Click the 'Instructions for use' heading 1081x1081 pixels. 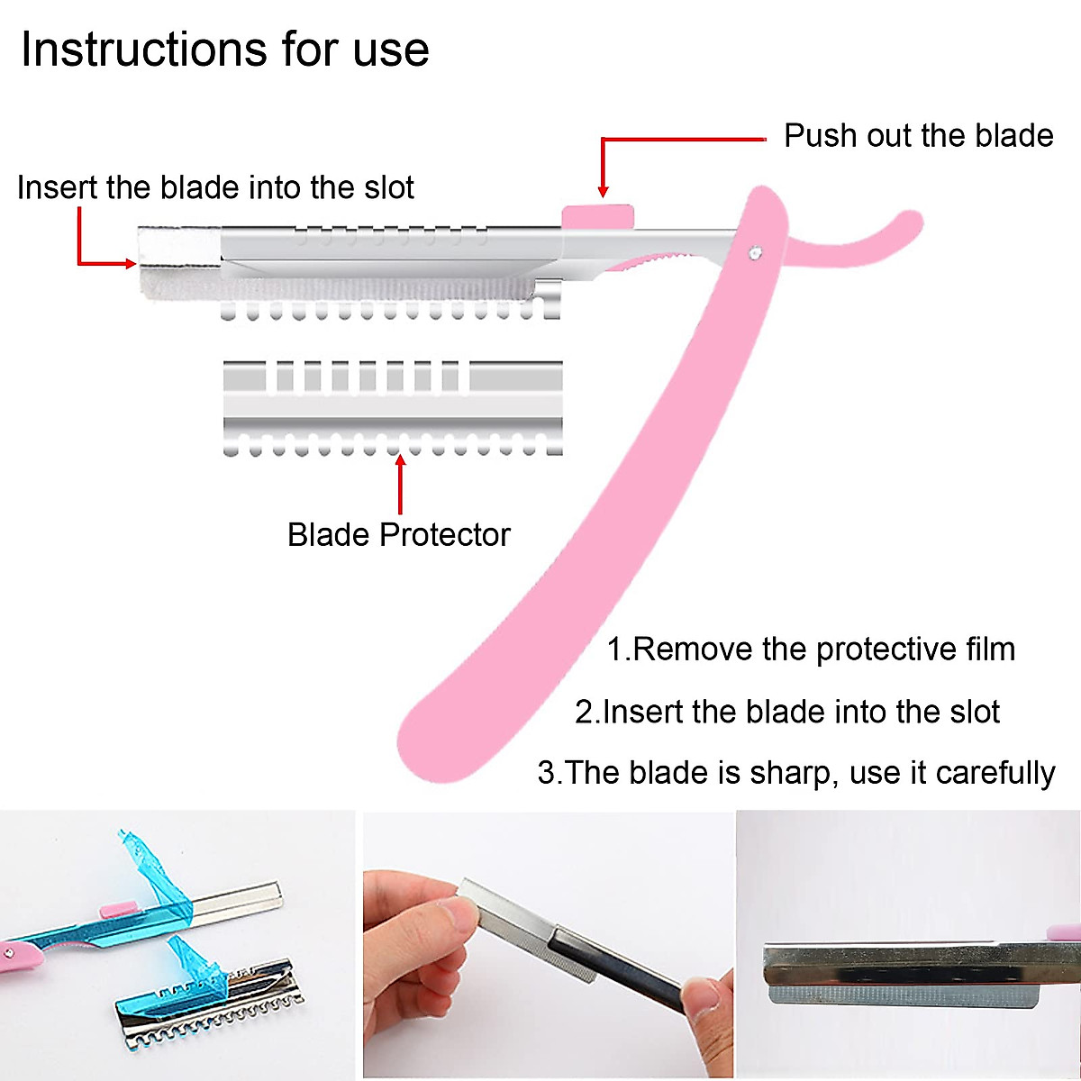[224, 49]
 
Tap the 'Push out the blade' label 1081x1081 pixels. [918, 135]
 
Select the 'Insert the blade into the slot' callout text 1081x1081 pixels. [215, 187]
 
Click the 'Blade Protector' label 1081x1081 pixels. [398, 534]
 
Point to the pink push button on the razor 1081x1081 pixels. [597, 217]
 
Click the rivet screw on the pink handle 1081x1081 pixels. [754, 254]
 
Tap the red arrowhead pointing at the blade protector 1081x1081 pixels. [400, 460]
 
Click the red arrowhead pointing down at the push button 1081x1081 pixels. [603, 191]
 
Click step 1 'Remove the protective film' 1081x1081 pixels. [811, 649]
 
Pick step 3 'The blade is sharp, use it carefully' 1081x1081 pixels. [796, 773]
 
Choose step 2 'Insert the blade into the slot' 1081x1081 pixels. [787, 712]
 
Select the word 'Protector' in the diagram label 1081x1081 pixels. [444, 534]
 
